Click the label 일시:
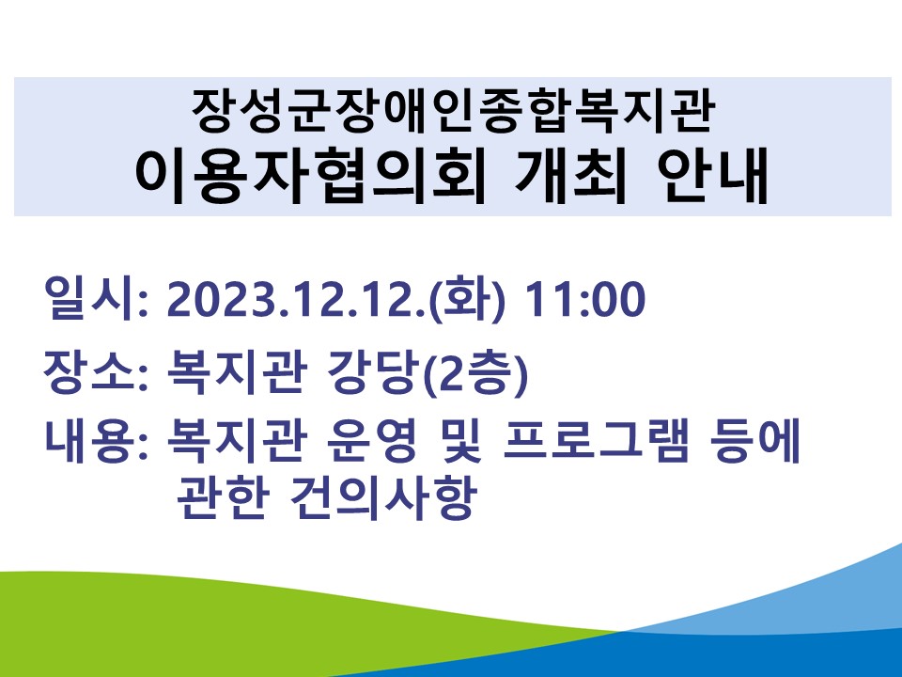pyautogui.click(x=96, y=299)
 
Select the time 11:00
pyautogui.click(x=585, y=300)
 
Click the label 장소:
pyautogui.click(x=96, y=372)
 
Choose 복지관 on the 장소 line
pyautogui.click(x=234, y=372)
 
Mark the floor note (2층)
pyautogui.click(x=474, y=373)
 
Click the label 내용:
pyautogui.click(x=96, y=442)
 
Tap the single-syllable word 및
pyautogui.click(x=459, y=442)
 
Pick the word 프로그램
pyautogui.click(x=596, y=442)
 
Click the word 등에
pyautogui.click(x=755, y=442)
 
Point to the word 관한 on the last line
pyautogui.click(x=223, y=497)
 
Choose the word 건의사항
pyautogui.click(x=383, y=497)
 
